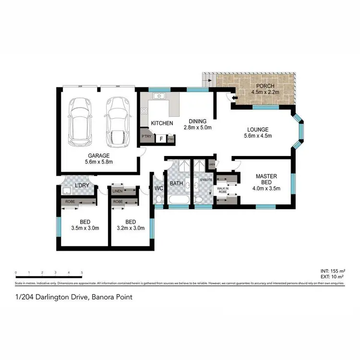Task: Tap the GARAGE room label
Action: tap(99, 156)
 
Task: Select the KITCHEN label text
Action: tap(162, 123)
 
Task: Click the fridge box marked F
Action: tap(161, 139)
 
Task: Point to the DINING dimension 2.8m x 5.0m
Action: tap(197, 128)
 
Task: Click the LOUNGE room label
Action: tap(257, 129)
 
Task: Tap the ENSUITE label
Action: tap(199, 180)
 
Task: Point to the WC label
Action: tap(159, 188)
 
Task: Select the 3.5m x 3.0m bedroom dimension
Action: tap(85, 228)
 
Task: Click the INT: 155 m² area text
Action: tap(333, 271)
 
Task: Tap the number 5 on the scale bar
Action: tap(82, 272)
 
